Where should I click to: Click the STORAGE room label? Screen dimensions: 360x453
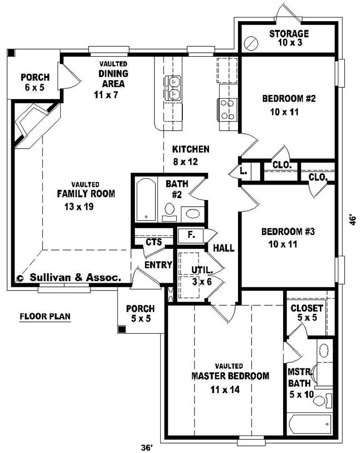(x=289, y=33)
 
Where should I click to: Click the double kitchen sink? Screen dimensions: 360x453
(x=174, y=88)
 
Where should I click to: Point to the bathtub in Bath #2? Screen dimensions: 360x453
(x=146, y=199)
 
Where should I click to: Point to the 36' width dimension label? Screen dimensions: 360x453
(x=147, y=448)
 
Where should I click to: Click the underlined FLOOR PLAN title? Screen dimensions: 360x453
(x=45, y=317)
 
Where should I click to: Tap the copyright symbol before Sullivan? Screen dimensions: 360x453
(x=20, y=278)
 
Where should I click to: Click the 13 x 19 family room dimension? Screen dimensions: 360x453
(x=79, y=207)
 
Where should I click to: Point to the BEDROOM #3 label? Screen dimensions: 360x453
(x=288, y=231)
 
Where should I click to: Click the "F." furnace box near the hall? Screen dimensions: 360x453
(x=190, y=235)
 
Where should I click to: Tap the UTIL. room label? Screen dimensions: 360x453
(x=202, y=270)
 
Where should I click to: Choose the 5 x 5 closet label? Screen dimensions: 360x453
(x=307, y=317)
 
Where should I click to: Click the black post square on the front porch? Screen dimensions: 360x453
(x=122, y=329)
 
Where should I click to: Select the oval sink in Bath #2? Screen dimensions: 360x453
(x=193, y=214)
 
